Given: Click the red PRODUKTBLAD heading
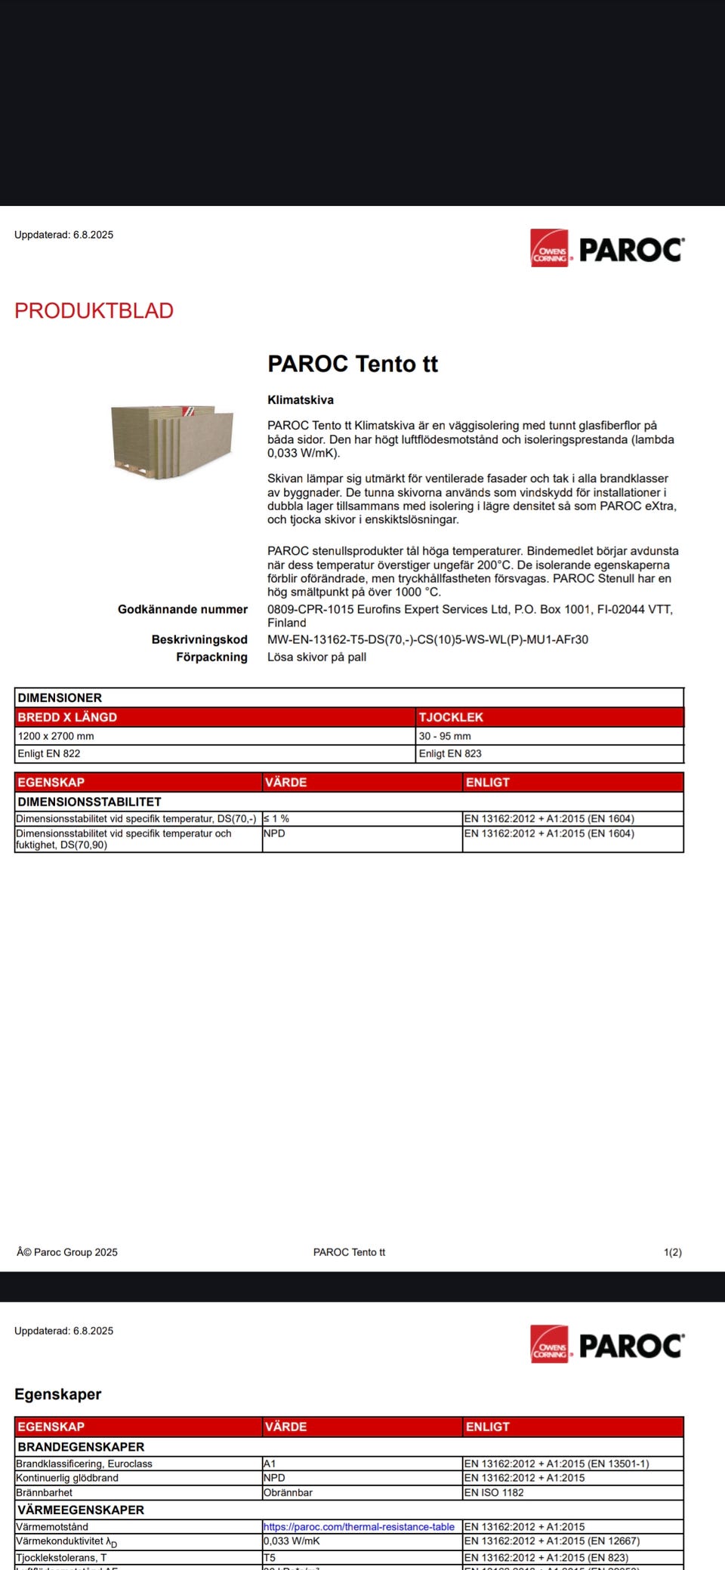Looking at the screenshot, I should click(94, 311).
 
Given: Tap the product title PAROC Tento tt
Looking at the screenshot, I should click(353, 364).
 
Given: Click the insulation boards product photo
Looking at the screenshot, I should click(173, 441).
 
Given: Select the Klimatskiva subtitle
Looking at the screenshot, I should click(301, 400).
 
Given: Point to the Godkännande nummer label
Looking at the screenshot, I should click(183, 609).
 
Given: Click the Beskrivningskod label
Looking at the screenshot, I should click(199, 639).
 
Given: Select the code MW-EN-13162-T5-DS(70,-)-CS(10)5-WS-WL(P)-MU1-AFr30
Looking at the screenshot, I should click(427, 639).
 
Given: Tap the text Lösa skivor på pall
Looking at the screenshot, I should click(316, 657).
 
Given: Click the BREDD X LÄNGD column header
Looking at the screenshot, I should click(67, 717).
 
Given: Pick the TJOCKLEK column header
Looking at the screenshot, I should click(451, 717).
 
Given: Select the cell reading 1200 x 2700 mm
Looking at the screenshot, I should click(56, 736).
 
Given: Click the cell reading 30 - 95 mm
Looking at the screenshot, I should click(445, 736).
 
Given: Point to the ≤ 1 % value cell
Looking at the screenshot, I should click(276, 818).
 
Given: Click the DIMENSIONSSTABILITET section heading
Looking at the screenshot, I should click(89, 802).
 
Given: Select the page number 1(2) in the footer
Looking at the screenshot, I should click(672, 1252).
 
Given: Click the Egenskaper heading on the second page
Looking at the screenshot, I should click(57, 1394).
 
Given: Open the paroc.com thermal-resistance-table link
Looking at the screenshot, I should click(359, 1526).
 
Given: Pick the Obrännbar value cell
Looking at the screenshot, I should click(288, 1492).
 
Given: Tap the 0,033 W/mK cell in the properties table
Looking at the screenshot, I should click(292, 1541).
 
